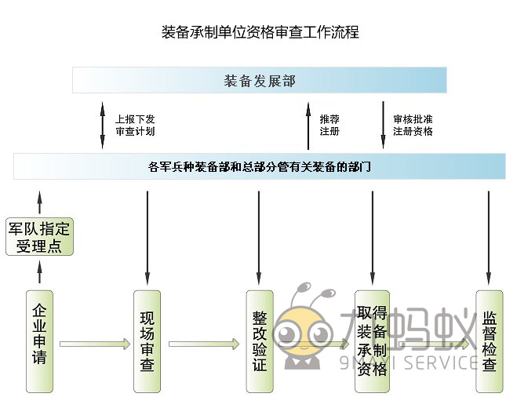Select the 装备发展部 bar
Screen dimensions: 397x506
pyautogui.click(x=260, y=80)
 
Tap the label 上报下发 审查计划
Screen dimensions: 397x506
pyautogui.click(x=135, y=126)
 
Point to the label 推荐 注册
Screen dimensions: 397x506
pyautogui.click(x=329, y=126)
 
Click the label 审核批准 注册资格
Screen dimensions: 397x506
pyautogui.click(x=413, y=126)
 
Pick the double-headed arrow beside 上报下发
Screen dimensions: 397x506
pyautogui.click(x=102, y=125)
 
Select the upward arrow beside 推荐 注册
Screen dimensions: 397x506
pyautogui.click(x=308, y=125)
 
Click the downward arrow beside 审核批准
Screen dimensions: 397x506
pyautogui.click(x=383, y=125)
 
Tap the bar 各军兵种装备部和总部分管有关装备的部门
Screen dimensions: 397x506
pyautogui.click(x=260, y=166)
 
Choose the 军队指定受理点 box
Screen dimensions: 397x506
pyautogui.click(x=39, y=237)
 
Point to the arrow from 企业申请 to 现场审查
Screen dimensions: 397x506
pyautogui.click(x=94, y=343)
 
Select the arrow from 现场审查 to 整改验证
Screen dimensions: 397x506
pyautogui.click(x=204, y=343)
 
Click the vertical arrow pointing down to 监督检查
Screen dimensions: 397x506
pyautogui.click(x=489, y=235)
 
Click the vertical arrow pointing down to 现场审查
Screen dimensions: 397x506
pyautogui.click(x=147, y=235)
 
